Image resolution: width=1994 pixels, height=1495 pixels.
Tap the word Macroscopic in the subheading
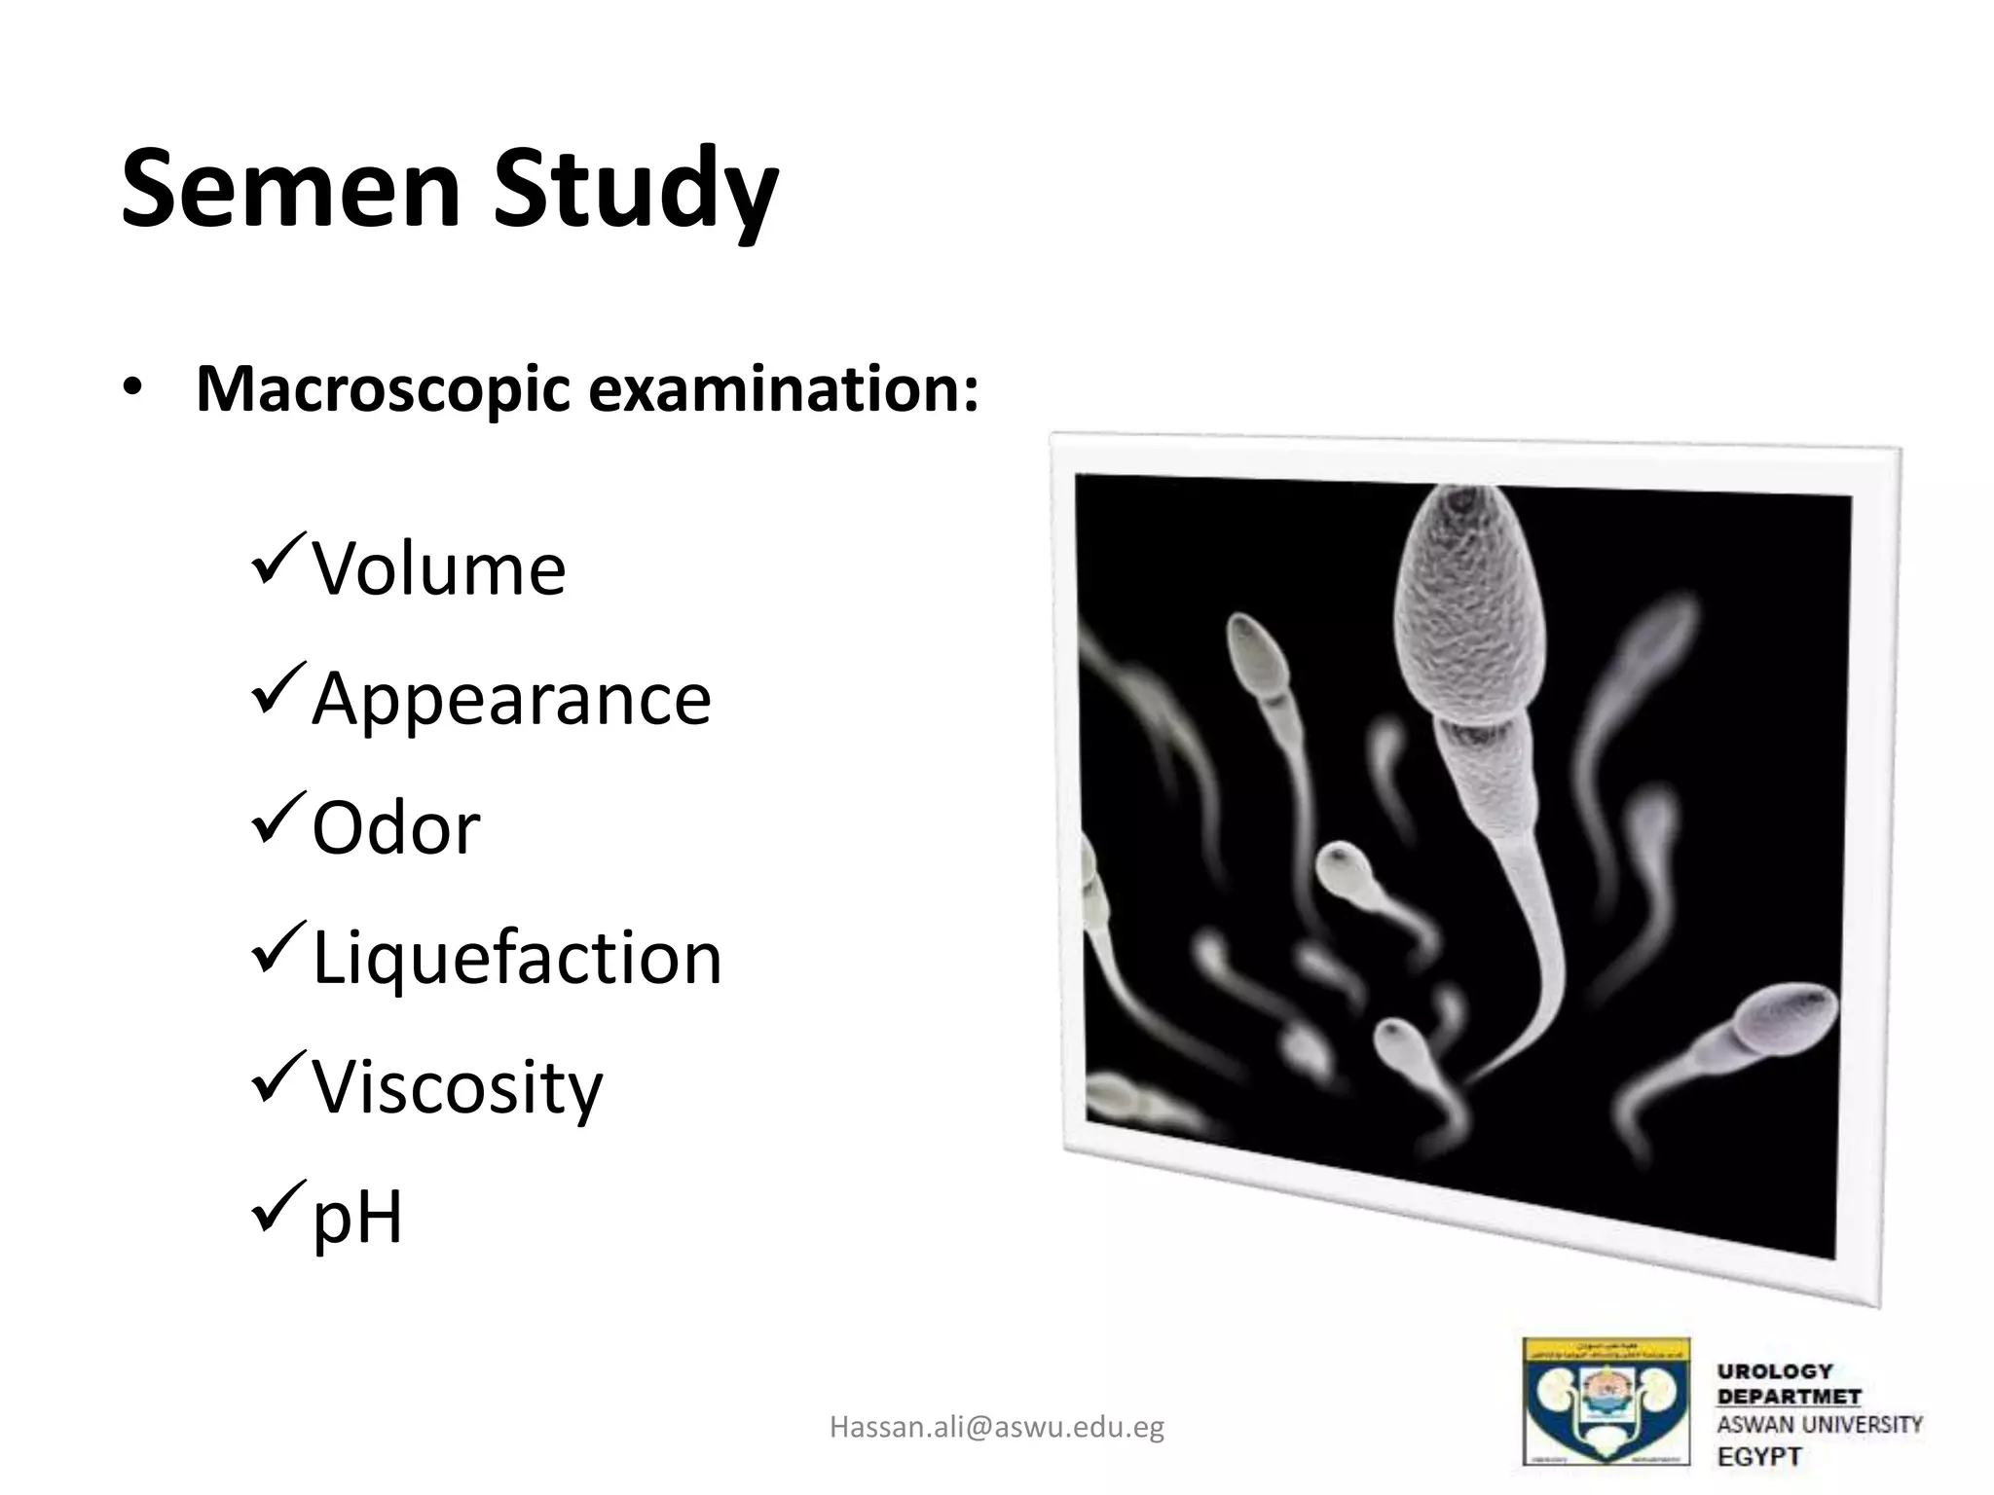pos(383,389)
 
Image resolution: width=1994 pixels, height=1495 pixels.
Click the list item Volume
pos(438,568)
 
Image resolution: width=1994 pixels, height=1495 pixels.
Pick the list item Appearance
pos(511,698)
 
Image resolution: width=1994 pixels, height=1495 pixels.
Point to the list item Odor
pos(395,828)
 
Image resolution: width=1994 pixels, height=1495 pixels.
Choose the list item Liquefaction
pos(517,958)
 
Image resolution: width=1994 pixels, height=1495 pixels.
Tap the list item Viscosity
pos(457,1087)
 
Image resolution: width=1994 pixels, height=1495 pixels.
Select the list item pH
pos(356,1217)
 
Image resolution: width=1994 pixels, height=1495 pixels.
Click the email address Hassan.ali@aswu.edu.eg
pos(997,1427)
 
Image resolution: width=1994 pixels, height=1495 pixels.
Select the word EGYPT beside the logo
pos(1760,1457)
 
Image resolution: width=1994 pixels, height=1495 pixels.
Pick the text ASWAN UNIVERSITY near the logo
pos(1820,1425)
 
